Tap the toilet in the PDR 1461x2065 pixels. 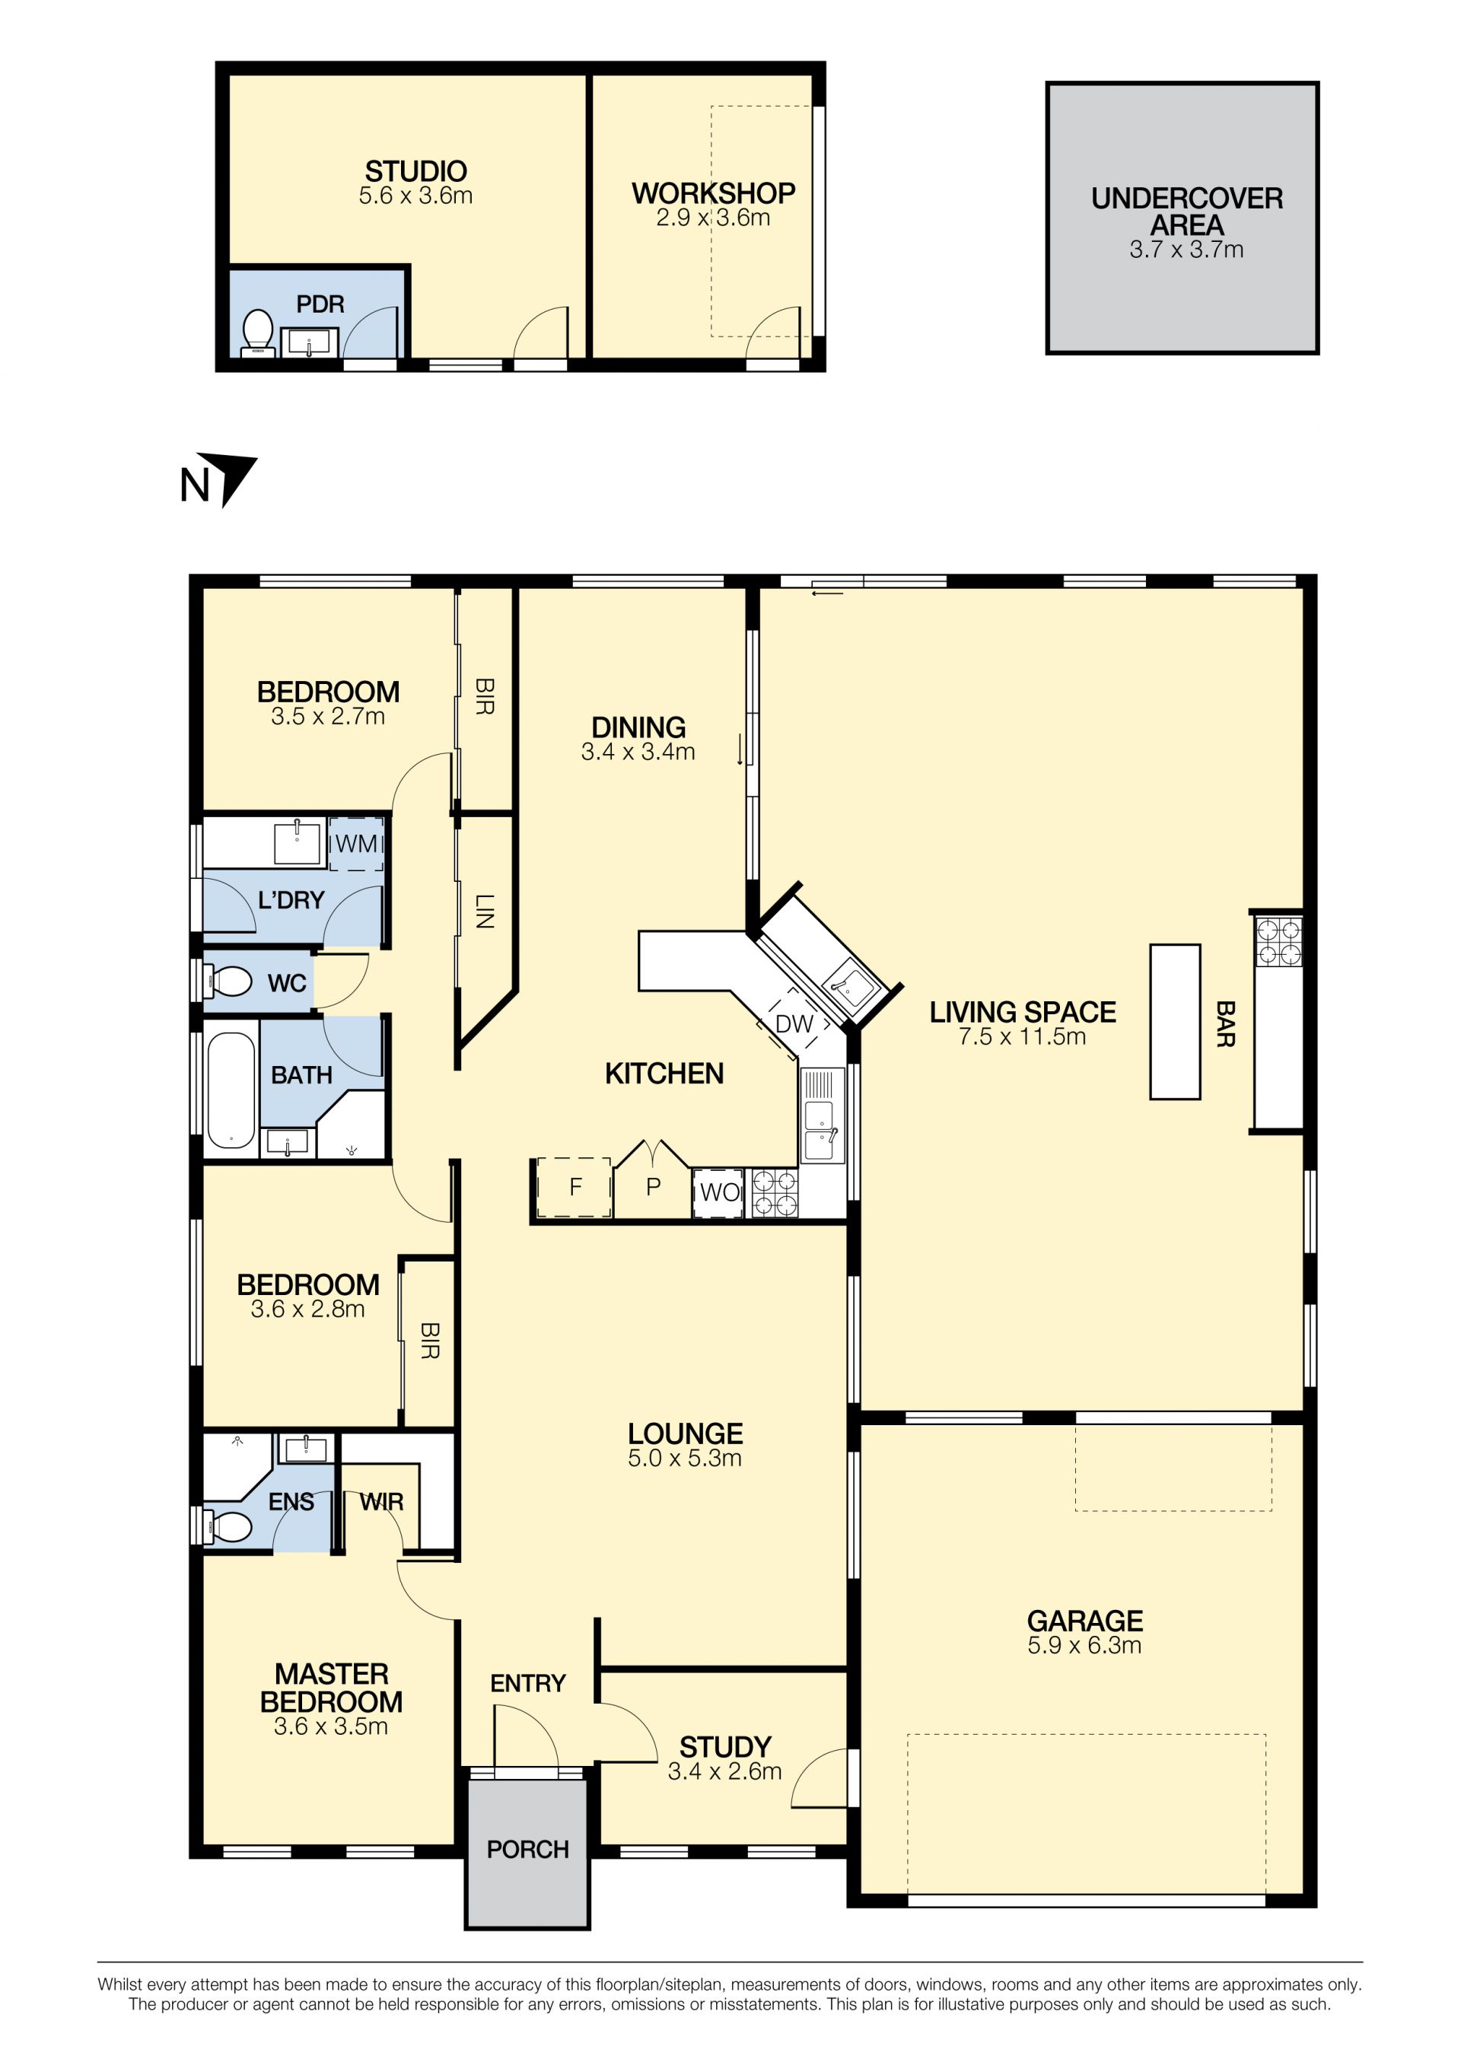point(258,332)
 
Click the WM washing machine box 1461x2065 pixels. point(356,844)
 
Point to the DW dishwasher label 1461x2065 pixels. point(794,1023)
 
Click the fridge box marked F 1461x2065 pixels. point(574,1187)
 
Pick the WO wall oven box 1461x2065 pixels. point(719,1192)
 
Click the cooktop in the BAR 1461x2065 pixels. point(1278,940)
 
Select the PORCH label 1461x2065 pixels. point(528,1849)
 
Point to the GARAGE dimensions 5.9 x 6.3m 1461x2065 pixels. point(1084,1645)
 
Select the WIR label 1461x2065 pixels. point(381,1502)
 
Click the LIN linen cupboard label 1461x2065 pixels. point(484,910)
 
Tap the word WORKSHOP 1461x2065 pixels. point(714,193)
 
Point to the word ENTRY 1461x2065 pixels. point(528,1683)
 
